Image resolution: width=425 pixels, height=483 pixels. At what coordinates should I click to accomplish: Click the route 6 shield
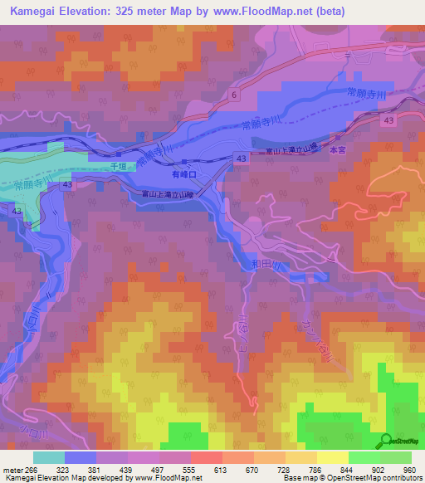point(235,95)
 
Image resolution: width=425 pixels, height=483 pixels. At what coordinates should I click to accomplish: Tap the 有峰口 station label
point(183,175)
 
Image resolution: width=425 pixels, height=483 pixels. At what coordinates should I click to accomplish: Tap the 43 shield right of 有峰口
point(240,158)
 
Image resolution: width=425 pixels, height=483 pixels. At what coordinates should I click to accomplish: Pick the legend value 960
point(408,469)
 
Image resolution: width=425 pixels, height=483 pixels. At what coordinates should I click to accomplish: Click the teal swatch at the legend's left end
point(49,457)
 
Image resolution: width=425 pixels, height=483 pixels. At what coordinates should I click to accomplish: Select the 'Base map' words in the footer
point(299,479)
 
